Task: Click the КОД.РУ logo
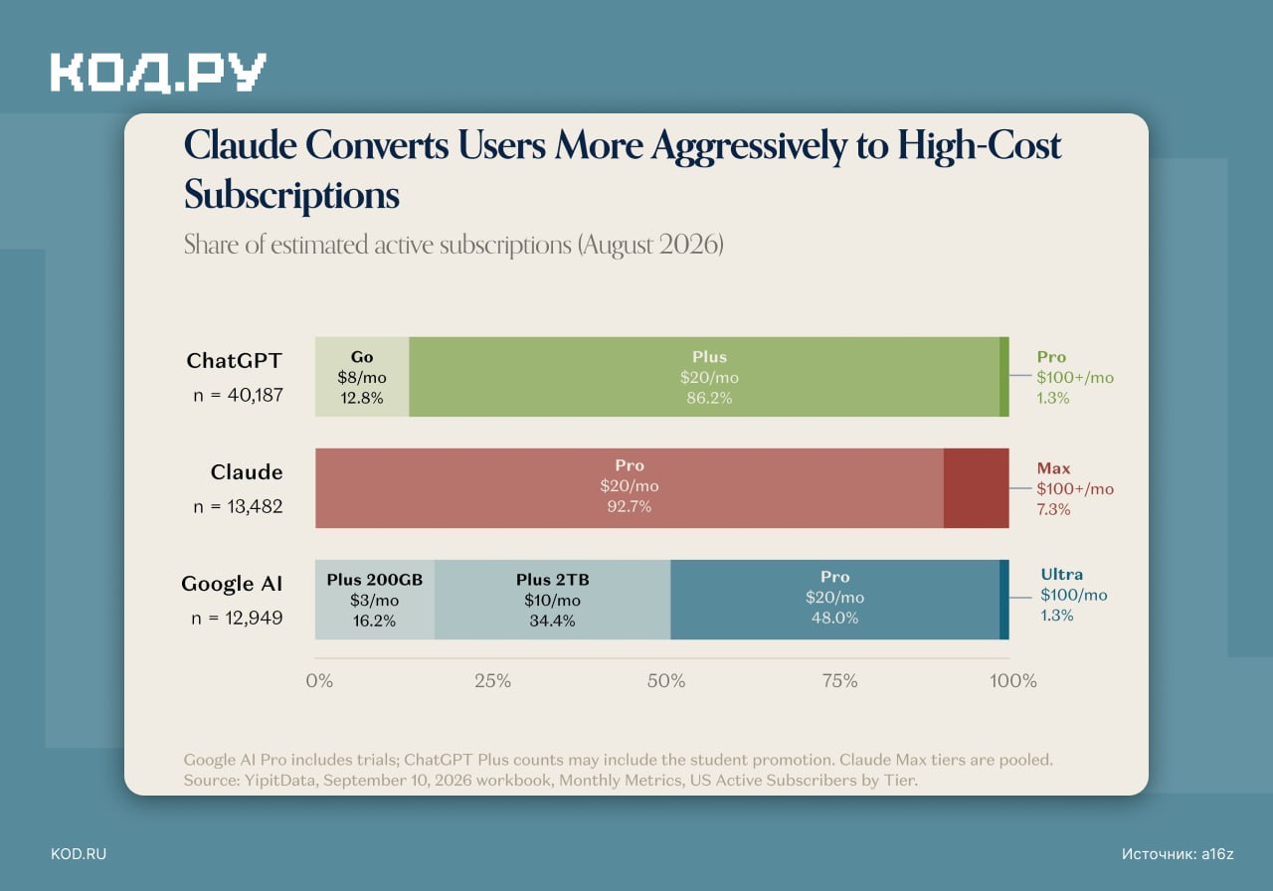coord(158,73)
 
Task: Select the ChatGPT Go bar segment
coord(362,377)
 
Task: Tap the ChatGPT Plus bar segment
coord(704,377)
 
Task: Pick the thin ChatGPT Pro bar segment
coord(1004,377)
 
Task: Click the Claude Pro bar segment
coord(630,488)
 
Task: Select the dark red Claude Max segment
coord(977,488)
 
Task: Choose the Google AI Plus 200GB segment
coord(375,600)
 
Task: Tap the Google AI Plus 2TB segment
coord(552,600)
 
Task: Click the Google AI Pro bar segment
coord(834,600)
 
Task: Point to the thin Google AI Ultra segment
coord(1004,600)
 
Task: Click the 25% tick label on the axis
coord(492,681)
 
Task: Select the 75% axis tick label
coord(839,681)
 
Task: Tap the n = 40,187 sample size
coord(238,395)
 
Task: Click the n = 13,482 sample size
coord(238,506)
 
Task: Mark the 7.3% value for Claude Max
coord(1053,509)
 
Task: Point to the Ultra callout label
coord(1061,574)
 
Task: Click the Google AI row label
coord(232,584)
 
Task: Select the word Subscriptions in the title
coord(291,195)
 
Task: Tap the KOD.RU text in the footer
coord(79,854)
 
